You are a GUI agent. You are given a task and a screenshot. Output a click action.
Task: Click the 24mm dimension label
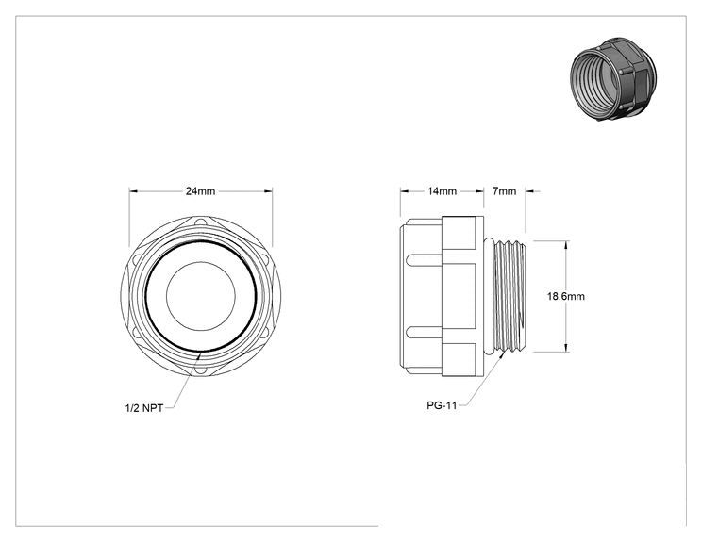coord(201,191)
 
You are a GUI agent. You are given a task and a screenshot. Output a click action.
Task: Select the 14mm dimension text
coord(442,191)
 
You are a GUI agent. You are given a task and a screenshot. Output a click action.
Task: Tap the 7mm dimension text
coord(505,191)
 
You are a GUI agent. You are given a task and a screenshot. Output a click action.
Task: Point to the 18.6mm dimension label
coord(566,296)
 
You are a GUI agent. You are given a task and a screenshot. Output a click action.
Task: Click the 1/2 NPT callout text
coord(144,408)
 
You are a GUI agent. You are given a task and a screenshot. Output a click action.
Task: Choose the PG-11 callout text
coord(442,405)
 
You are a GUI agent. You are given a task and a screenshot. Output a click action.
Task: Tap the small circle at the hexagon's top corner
coord(202,222)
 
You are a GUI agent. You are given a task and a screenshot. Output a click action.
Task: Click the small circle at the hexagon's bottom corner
coord(200,370)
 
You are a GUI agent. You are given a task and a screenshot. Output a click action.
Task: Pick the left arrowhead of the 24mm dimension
coord(133,191)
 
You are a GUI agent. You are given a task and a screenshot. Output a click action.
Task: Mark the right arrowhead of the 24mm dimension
coord(269,191)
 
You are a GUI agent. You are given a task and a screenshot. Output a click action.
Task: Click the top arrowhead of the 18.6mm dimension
coord(566,245)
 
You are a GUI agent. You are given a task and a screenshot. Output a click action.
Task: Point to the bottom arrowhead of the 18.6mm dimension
coord(566,348)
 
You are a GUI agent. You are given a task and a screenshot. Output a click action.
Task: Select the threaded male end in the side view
coord(510,296)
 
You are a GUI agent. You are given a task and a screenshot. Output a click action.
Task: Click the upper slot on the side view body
coord(425,259)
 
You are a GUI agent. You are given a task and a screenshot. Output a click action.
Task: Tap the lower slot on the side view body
coord(425,332)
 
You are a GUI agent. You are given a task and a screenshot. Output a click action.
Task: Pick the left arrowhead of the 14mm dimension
coord(404,191)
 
